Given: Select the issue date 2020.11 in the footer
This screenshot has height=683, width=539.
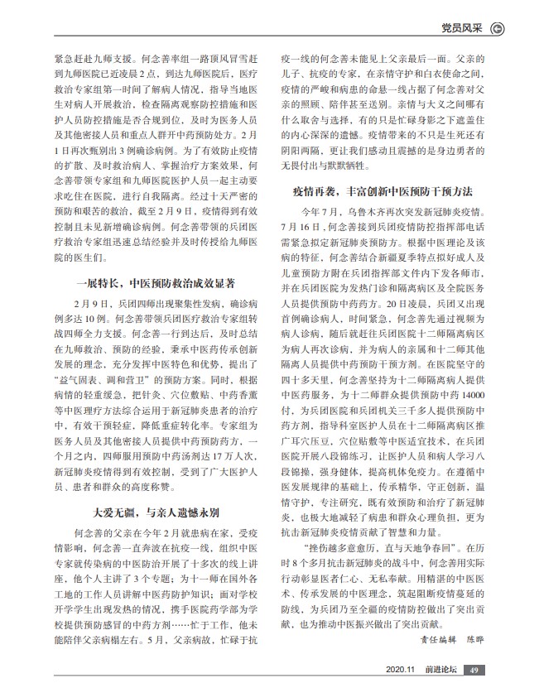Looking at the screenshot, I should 399,670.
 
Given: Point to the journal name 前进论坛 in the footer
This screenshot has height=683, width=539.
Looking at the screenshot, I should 438,670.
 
